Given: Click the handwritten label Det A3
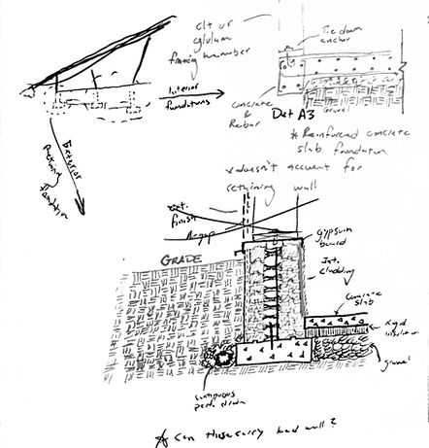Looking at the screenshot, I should click(x=284, y=115).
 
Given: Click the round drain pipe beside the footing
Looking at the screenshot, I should click(x=222, y=357).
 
